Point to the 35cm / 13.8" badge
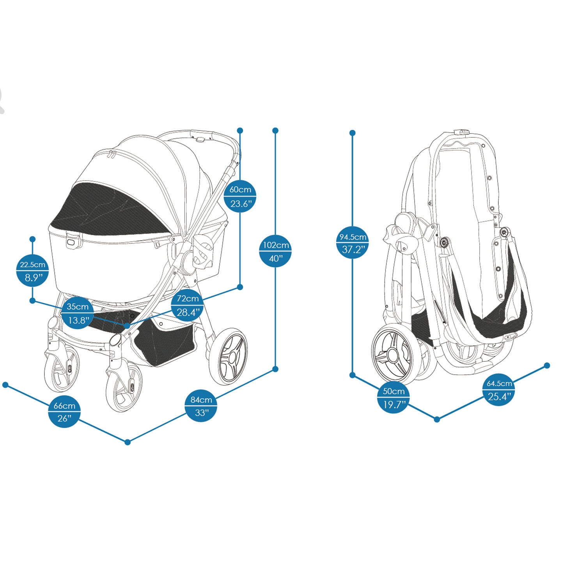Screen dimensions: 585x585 tap(78, 313)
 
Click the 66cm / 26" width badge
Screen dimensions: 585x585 tap(64, 411)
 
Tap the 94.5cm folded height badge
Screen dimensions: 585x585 tap(353, 243)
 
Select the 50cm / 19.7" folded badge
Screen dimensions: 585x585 tap(393, 398)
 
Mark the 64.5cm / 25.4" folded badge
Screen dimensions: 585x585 tap(499, 390)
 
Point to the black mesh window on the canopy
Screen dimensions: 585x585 tap(113, 213)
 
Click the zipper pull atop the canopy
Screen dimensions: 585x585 tap(112, 155)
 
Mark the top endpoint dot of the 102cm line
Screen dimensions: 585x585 tap(275, 130)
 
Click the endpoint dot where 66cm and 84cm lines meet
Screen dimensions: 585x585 tap(128, 442)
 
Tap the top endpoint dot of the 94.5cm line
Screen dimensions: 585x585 tap(353, 133)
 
